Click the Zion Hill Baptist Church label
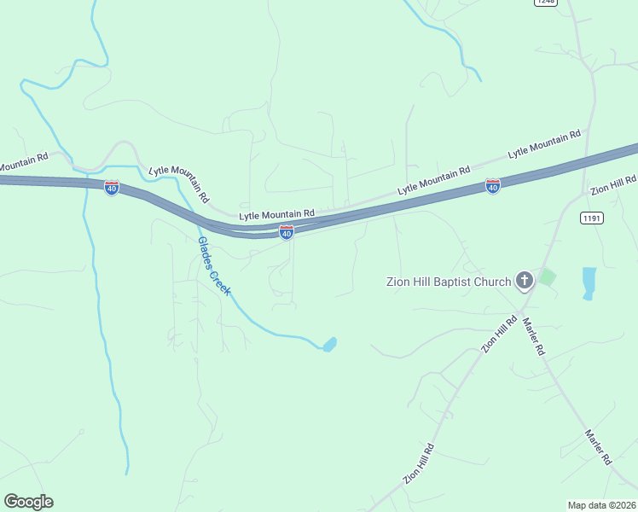tap(449, 282)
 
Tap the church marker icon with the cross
tap(525, 281)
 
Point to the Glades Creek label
tap(214, 265)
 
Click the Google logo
tap(28, 502)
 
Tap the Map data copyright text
tap(601, 504)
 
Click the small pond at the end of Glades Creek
tap(329, 344)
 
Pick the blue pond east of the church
tap(589, 282)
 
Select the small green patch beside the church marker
tap(547, 277)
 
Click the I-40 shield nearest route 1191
tap(493, 185)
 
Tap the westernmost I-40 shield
tap(112, 187)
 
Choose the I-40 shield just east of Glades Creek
tap(287, 232)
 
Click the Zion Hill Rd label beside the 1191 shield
tap(612, 183)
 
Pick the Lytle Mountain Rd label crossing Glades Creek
tap(178, 181)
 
